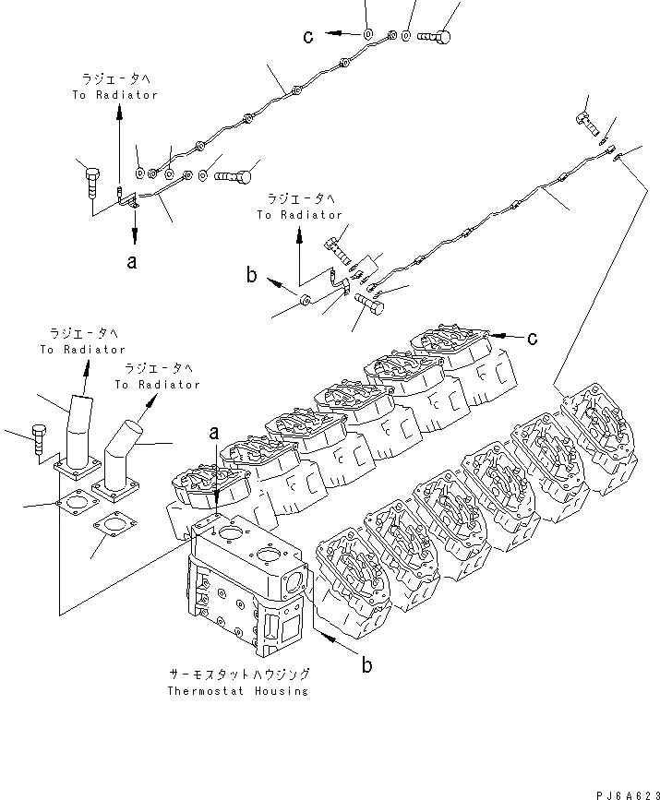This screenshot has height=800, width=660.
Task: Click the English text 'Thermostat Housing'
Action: coord(237,691)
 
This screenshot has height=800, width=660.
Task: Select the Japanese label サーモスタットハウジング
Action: coord(238,675)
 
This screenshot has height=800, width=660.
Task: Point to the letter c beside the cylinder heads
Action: coord(533,339)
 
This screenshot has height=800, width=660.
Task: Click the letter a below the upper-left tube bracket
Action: coord(133,261)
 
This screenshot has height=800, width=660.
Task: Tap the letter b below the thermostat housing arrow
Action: coord(366,665)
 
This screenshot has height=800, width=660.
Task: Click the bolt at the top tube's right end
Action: coord(437,36)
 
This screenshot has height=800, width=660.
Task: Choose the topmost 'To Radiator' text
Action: coord(115,95)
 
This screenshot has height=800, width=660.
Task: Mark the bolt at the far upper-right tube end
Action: coord(586,118)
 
